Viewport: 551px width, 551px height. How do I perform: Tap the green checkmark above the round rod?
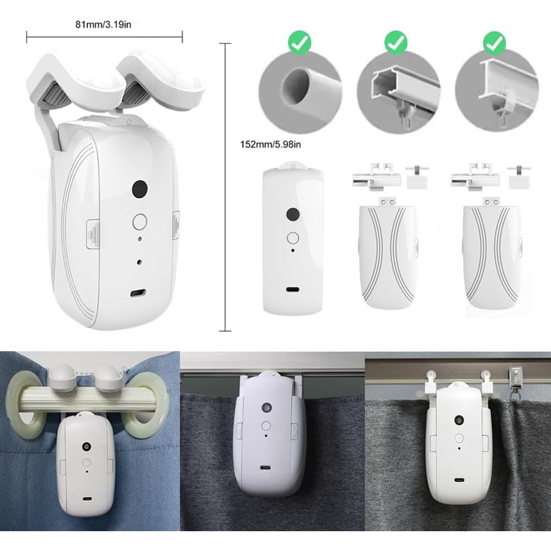coord(300,42)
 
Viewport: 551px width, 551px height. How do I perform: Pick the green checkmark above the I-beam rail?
coord(494,42)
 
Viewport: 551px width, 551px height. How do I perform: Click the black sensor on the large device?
coord(140,189)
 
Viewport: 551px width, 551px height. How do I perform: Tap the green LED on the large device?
coord(140,239)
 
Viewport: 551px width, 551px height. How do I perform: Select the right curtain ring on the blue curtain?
coord(145,399)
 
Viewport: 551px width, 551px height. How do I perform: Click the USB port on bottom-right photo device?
coord(458,478)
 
